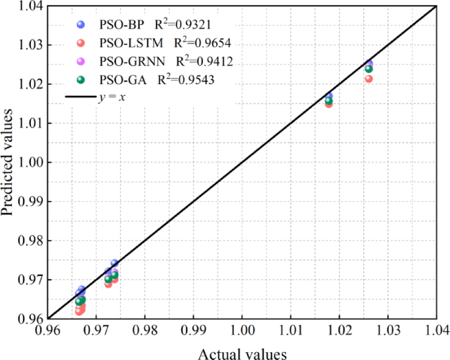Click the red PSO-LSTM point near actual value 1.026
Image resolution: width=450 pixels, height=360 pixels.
coord(369,79)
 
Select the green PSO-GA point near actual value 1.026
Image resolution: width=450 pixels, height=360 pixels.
coord(369,69)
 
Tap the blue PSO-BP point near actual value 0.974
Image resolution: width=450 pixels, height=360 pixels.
coord(114,263)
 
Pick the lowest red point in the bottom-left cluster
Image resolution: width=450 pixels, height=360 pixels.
coord(79,311)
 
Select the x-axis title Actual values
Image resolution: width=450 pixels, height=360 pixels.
coord(242,353)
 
